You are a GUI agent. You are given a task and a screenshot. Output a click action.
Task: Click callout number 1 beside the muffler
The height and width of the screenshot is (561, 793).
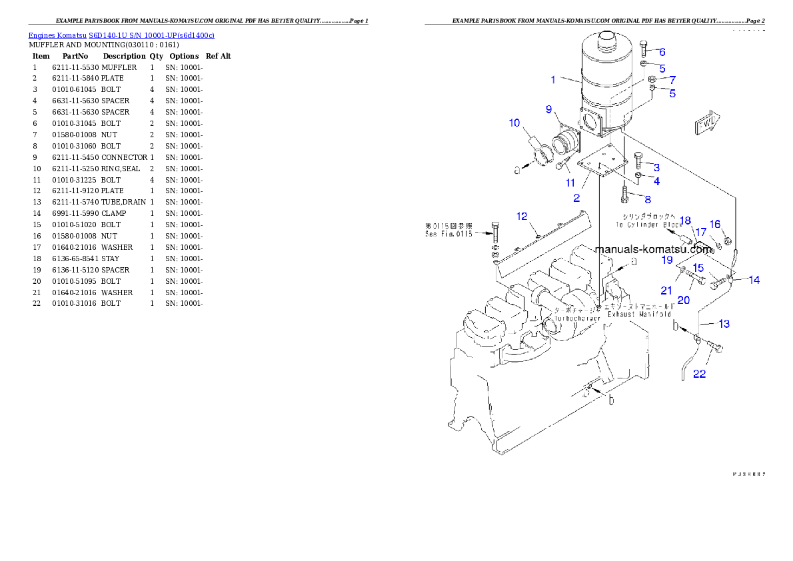pos(553,80)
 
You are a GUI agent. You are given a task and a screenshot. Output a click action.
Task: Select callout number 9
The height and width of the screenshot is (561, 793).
pos(548,109)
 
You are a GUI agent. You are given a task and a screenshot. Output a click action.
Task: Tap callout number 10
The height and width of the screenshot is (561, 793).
pos(514,123)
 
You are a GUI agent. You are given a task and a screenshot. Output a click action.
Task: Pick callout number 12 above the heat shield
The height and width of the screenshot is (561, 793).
pos(522,216)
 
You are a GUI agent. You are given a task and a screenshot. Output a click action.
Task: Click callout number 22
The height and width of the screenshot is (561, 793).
pos(699,374)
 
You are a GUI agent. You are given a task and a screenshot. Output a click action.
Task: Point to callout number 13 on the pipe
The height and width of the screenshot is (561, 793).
pos(724,324)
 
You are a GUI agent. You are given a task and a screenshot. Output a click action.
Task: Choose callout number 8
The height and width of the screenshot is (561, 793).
pos(647,199)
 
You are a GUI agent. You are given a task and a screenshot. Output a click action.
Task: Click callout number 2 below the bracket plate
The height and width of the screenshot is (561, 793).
pos(576,198)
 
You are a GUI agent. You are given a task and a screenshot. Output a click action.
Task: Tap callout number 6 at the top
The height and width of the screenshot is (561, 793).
pos(662,52)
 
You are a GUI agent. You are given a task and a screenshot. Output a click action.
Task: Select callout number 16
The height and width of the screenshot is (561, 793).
pos(714,224)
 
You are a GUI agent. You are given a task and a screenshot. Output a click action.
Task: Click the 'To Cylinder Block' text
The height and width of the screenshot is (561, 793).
pos(645,225)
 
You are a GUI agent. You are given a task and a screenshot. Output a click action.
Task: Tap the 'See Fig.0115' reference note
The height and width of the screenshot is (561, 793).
pos(449,234)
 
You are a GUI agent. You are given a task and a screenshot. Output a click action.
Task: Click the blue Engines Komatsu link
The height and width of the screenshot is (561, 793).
pos(121,35)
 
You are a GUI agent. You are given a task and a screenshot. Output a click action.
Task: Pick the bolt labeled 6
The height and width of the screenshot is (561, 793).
pos(644,48)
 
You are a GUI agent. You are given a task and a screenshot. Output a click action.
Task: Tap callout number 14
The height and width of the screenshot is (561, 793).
pos(754,280)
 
